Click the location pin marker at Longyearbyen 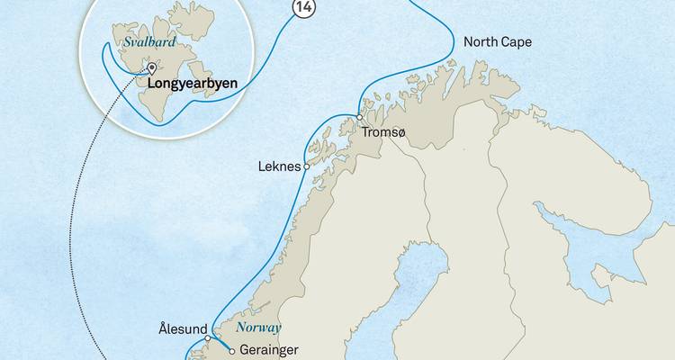(151, 69)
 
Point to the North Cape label (498, 42)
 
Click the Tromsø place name (384, 133)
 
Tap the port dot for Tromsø (358, 117)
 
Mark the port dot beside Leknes (307, 166)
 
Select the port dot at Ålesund (208, 338)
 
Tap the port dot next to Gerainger (232, 350)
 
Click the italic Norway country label (259, 328)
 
